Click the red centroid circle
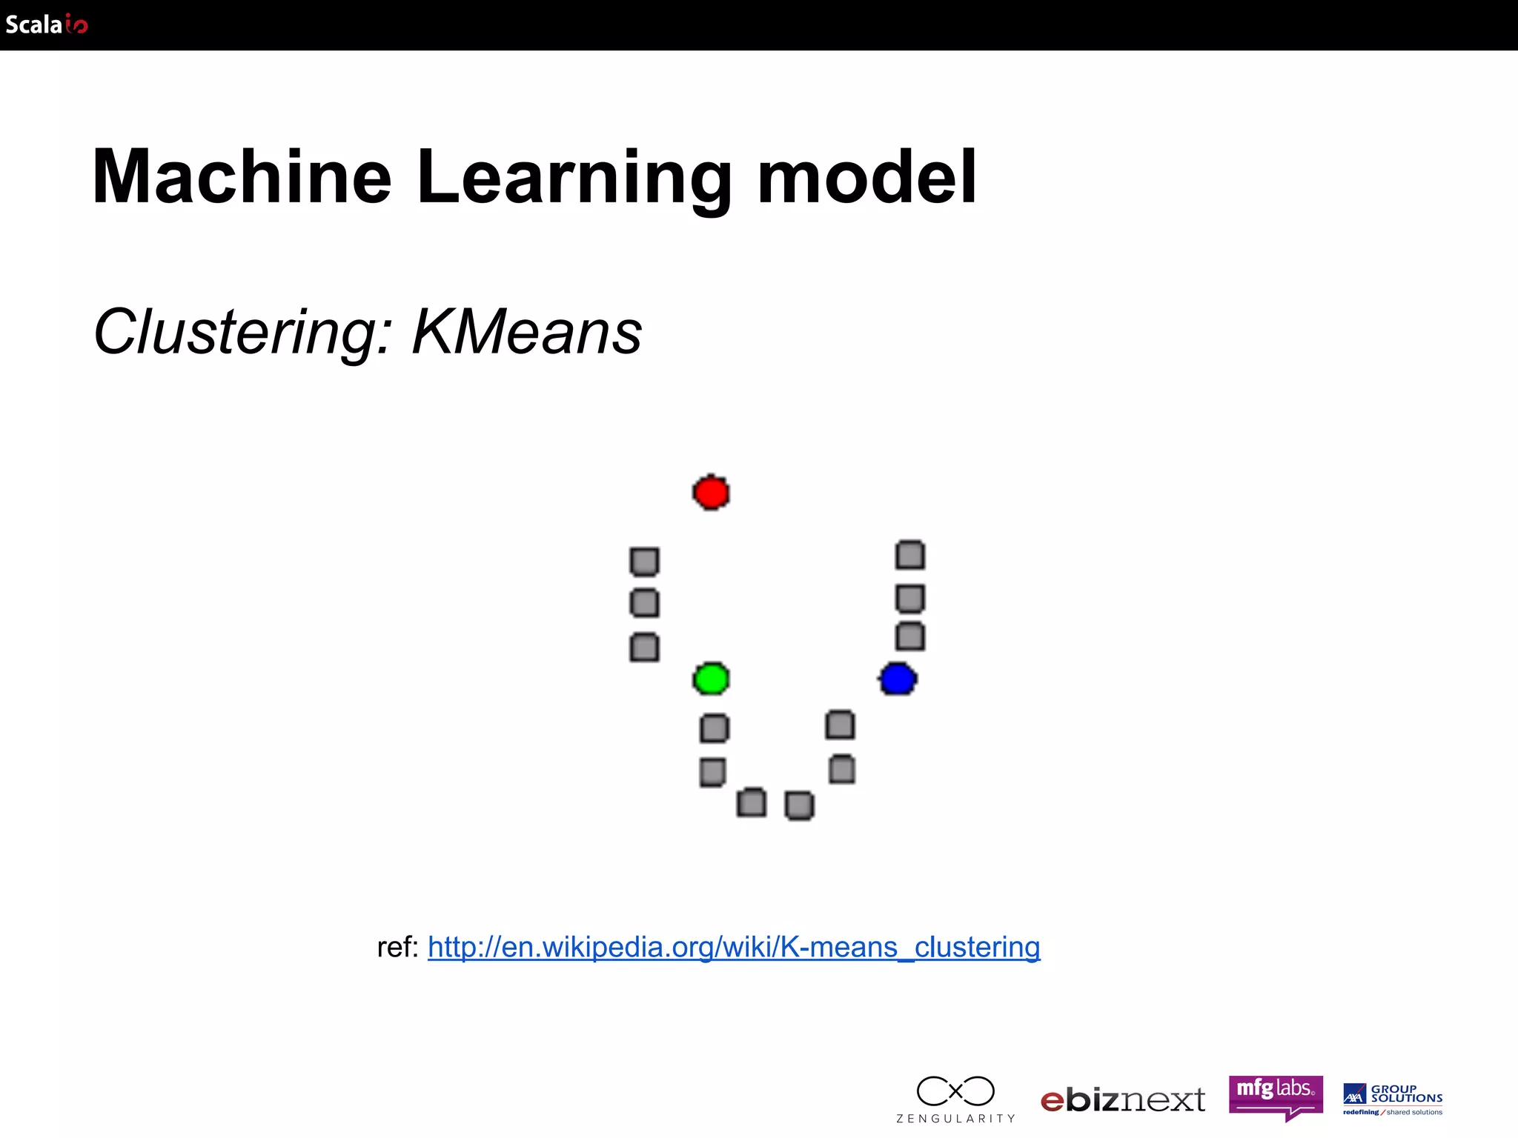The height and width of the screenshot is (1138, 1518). click(711, 493)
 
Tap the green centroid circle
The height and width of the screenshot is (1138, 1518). click(711, 679)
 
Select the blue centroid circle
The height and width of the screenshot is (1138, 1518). click(898, 679)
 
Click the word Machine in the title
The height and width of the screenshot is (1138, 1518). click(242, 177)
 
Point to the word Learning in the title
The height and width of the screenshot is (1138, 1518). click(574, 179)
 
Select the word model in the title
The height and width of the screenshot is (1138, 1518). click(866, 177)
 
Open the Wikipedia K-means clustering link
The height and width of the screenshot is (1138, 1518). click(734, 947)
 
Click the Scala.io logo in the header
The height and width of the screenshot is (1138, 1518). click(46, 24)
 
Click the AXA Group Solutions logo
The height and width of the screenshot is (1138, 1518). click(1393, 1099)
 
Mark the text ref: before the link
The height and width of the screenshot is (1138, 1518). click(397, 947)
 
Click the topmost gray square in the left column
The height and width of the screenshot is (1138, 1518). click(644, 562)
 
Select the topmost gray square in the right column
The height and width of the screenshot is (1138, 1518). click(910, 555)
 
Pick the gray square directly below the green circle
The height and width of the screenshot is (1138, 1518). click(714, 728)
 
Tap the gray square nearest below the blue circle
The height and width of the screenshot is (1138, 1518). click(840, 725)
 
